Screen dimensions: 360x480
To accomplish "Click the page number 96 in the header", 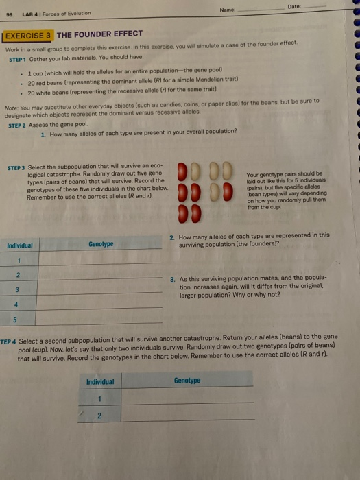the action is pyautogui.click(x=10, y=14).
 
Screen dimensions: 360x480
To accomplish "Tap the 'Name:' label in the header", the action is pyautogui.click(x=242, y=10).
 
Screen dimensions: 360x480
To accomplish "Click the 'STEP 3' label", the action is pyautogui.click(x=16, y=167).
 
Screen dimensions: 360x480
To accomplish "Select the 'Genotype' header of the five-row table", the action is pyautogui.click(x=101, y=243).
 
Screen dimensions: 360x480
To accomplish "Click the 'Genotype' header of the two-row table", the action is pyautogui.click(x=187, y=380).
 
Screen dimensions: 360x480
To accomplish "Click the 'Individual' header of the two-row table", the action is pyautogui.click(x=100, y=381).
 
